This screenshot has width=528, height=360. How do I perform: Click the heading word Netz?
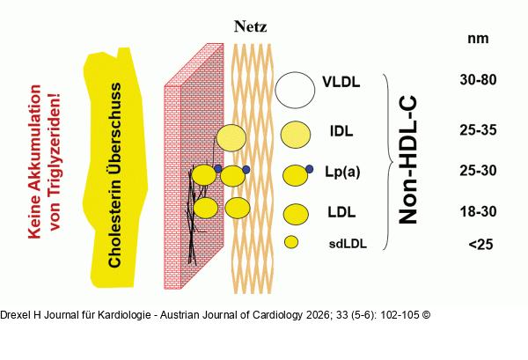(251, 26)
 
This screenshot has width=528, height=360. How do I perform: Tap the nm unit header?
(478, 39)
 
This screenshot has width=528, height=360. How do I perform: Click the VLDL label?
(341, 82)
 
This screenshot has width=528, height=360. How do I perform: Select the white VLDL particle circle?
(295, 90)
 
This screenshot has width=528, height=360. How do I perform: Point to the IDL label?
(341, 131)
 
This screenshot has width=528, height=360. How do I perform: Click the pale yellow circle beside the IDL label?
(296, 135)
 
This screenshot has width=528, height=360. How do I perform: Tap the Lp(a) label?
(342, 172)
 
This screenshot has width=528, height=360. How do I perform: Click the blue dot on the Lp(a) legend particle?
(309, 169)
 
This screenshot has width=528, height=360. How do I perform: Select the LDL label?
(341, 212)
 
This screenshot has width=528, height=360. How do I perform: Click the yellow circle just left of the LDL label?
(296, 214)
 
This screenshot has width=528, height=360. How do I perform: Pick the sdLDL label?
(348, 244)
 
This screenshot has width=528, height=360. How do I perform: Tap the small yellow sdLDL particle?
(291, 242)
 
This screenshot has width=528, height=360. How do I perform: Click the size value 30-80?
(478, 80)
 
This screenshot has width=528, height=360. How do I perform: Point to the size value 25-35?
(478, 130)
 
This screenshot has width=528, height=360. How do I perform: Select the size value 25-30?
(478, 171)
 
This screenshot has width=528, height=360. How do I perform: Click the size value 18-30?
(478, 212)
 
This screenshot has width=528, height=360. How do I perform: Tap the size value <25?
(480, 244)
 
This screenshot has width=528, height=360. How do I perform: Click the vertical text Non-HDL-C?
(407, 160)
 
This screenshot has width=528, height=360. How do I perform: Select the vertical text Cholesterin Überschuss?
(114, 175)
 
